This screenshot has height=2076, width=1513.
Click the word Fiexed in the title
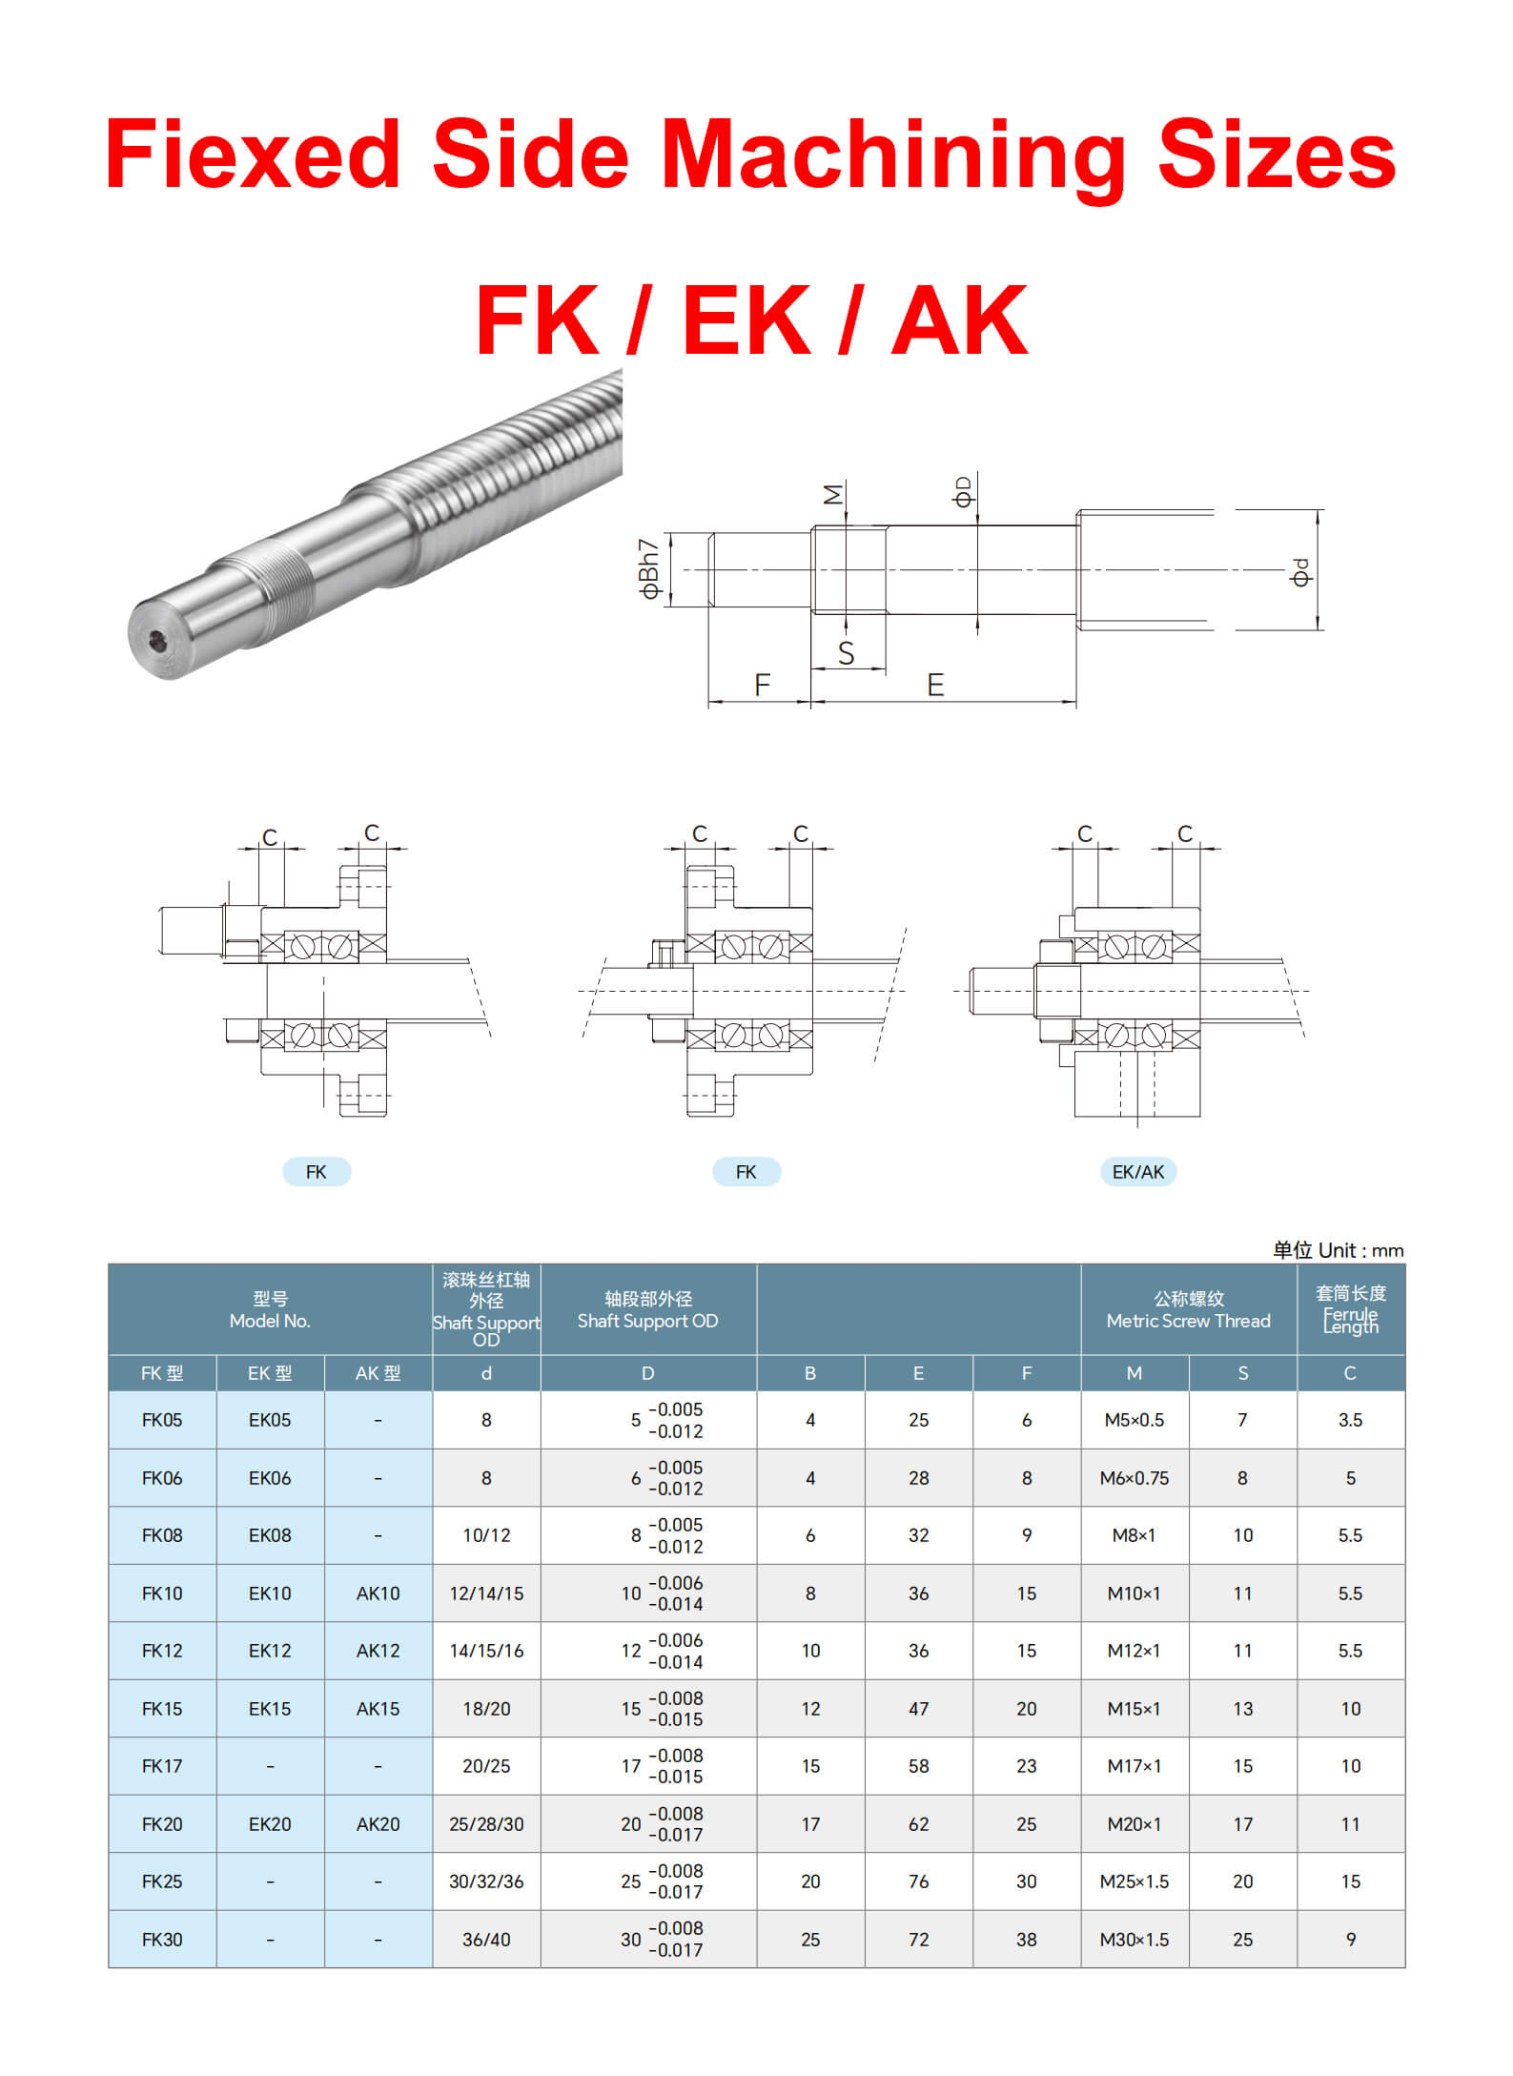(252, 154)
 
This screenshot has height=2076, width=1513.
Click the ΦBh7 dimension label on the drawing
(649, 569)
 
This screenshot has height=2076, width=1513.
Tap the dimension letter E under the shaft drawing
(935, 685)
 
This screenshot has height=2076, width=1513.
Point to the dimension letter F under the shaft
(762, 685)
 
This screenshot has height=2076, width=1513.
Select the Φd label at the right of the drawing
(1300, 572)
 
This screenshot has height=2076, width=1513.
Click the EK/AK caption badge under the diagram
(1137, 1172)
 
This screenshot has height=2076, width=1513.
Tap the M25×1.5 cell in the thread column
(1134, 1881)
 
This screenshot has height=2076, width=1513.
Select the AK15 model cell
(378, 1709)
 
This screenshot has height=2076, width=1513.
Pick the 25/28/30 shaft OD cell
(486, 1824)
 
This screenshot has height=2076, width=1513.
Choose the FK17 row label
(162, 1766)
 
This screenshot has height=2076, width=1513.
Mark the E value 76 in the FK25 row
(918, 1881)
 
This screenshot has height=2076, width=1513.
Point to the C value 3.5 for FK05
(1350, 1420)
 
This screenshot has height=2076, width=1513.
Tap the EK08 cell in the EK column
(270, 1535)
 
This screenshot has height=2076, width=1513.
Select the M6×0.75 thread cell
(1134, 1478)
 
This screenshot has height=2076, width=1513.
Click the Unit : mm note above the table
(1338, 1250)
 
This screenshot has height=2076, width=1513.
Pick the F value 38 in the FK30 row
(1026, 1940)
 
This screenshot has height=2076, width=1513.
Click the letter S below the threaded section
(846, 653)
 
